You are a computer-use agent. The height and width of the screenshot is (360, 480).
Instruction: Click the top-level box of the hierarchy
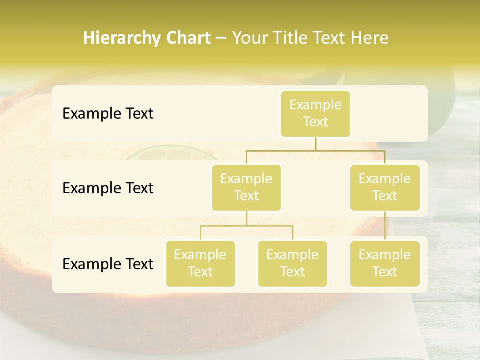click(x=315, y=113)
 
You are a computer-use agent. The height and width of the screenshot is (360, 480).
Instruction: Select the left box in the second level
click(x=246, y=187)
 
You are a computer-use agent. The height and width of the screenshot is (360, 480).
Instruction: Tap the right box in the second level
click(x=385, y=187)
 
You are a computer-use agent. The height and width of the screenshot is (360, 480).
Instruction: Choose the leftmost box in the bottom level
click(x=200, y=263)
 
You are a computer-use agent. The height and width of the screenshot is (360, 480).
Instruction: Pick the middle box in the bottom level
click(x=292, y=263)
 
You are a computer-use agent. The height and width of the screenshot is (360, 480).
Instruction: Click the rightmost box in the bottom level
click(x=385, y=263)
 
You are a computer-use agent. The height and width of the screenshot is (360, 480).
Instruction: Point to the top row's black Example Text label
click(x=108, y=114)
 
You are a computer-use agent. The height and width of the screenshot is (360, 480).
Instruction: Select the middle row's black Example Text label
click(x=108, y=188)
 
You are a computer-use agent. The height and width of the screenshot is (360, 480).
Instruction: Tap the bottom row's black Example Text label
click(x=108, y=264)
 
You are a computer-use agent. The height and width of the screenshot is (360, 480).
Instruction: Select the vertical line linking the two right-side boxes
click(x=385, y=226)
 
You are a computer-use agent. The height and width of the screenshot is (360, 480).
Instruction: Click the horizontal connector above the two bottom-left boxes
click(x=246, y=226)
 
